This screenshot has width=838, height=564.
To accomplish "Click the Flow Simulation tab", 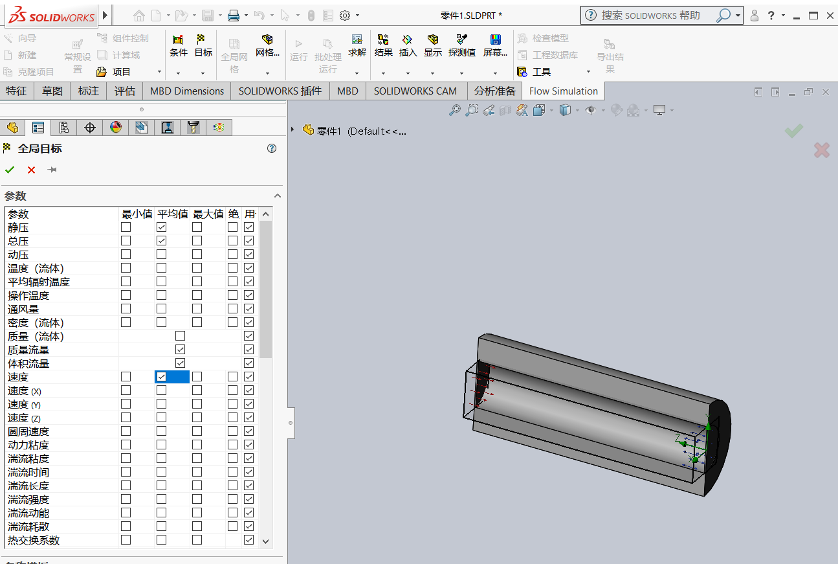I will [x=563, y=91].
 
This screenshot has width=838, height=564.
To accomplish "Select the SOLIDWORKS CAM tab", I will [x=415, y=91].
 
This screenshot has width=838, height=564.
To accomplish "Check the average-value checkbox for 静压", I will [x=161, y=227].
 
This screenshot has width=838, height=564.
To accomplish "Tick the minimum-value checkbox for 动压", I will [x=126, y=254].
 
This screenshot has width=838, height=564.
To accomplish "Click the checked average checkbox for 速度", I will [x=161, y=377].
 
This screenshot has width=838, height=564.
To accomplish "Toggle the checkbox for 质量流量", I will [x=180, y=350].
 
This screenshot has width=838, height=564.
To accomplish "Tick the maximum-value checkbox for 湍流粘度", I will [x=197, y=458].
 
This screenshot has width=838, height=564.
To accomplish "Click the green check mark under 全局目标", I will [x=10, y=170].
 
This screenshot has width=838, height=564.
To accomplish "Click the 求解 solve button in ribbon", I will [x=357, y=45].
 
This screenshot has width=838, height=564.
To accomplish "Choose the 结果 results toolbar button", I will [x=383, y=45].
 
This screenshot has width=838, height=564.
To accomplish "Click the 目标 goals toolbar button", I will [x=203, y=45].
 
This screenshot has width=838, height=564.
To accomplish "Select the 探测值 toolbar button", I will [x=462, y=45].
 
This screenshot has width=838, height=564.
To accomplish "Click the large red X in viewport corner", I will [x=821, y=150].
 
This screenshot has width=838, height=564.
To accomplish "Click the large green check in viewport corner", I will [x=794, y=131].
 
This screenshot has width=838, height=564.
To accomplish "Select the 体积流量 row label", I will [x=28, y=363].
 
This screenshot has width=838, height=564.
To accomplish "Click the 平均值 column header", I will [x=172, y=214].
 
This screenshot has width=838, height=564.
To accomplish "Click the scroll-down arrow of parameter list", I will [x=265, y=541].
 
